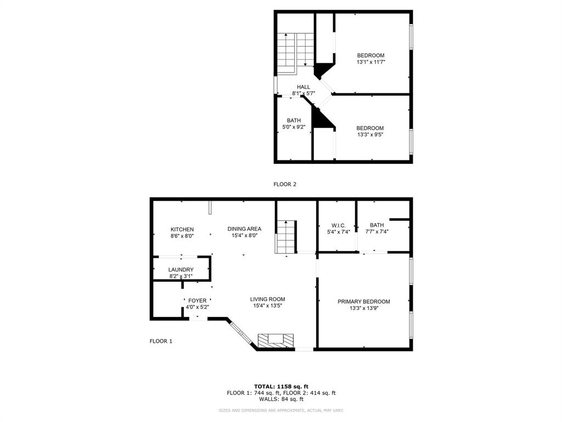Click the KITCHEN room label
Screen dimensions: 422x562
182,229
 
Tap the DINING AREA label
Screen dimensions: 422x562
244,229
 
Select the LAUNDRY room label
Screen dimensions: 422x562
181,269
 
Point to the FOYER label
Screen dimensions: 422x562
197,301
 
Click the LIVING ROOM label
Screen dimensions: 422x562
267,299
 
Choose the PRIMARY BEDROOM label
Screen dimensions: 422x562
363,302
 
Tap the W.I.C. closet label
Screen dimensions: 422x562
338,225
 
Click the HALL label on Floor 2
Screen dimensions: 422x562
304,87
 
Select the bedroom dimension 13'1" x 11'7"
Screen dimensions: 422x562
370,62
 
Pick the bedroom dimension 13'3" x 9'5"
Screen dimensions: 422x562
370,135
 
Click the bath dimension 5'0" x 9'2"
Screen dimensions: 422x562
293,127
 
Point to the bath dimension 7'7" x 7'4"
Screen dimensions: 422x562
376,232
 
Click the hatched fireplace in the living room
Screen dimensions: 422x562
276,341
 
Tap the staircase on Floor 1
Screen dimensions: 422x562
285,237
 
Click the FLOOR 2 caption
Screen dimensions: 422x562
285,185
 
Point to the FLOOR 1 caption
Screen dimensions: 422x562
161,341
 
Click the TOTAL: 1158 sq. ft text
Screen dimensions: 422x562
281,386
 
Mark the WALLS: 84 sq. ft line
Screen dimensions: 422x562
281,399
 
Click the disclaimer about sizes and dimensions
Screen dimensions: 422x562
281,410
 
